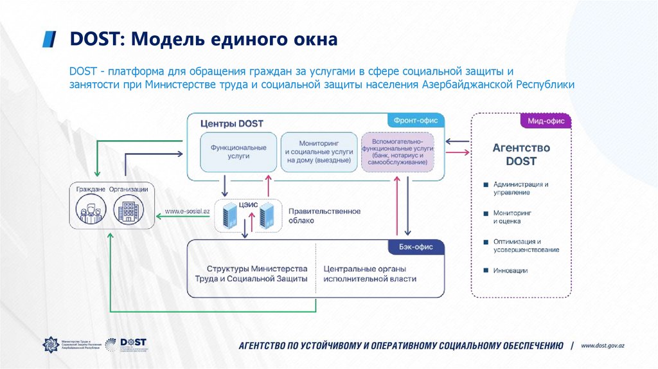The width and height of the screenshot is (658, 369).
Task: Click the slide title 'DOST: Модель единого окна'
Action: click(204, 40)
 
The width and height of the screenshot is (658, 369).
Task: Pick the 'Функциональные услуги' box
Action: click(238, 152)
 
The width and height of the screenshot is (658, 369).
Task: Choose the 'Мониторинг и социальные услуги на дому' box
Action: click(319, 152)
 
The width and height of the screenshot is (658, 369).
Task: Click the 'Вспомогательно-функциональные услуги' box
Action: click(398, 152)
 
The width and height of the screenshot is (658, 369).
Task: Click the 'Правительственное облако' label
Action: click(324, 215)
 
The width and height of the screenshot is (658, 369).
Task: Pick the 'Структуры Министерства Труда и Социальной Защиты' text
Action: click(251, 274)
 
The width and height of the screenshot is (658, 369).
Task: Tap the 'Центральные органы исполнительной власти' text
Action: click(369, 274)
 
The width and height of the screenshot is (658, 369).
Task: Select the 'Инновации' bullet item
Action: click(510, 271)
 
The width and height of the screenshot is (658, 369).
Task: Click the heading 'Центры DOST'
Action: click(231, 123)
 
